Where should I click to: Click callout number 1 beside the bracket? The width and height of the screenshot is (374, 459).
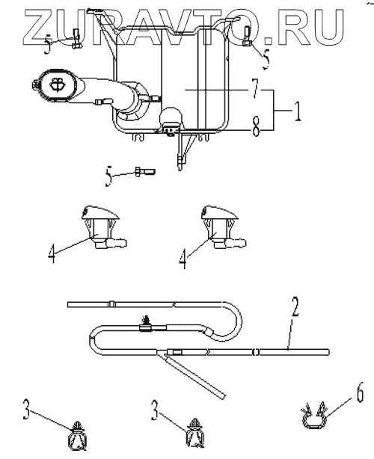click(x=297, y=111)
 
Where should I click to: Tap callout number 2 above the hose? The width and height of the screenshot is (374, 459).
click(x=295, y=306)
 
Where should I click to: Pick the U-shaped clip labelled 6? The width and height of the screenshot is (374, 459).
click(x=314, y=415)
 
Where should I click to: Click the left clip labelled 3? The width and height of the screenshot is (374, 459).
click(x=77, y=434)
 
